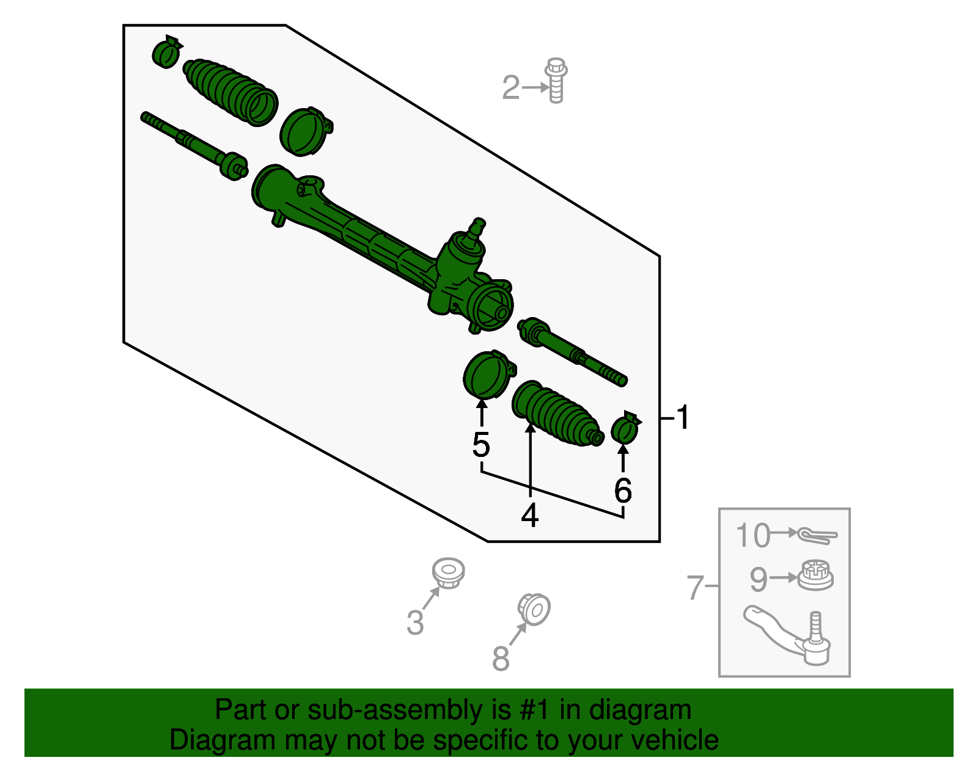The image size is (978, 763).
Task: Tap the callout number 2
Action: click(x=510, y=87)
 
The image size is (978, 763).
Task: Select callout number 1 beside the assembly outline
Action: click(x=683, y=418)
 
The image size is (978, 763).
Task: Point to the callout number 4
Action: click(x=529, y=515)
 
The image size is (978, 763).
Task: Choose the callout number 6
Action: click(x=622, y=490)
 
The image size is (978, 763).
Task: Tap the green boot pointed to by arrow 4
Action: click(x=554, y=414)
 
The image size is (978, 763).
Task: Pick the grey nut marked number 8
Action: click(x=534, y=609)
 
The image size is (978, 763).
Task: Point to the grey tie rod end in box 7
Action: click(x=789, y=635)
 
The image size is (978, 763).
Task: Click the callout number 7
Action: click(x=696, y=587)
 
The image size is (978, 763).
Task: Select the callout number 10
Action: click(x=752, y=536)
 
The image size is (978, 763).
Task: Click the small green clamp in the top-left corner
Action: click(x=166, y=52)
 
